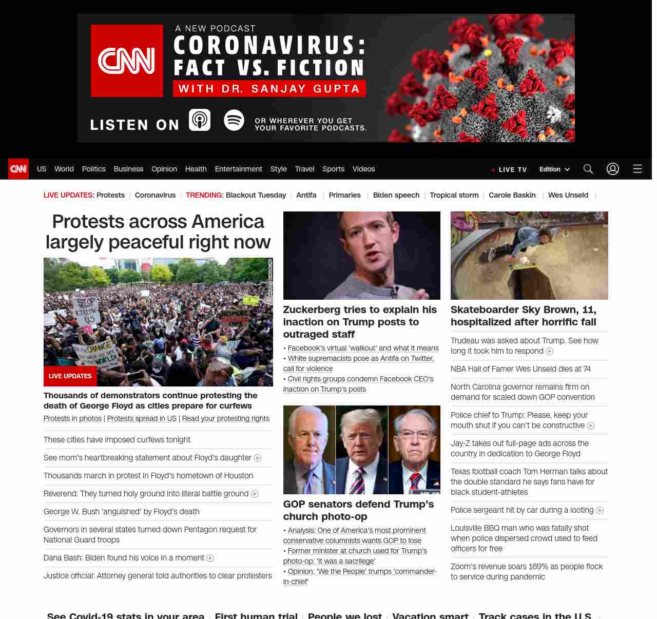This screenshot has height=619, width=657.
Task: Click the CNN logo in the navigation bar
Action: (x=18, y=169)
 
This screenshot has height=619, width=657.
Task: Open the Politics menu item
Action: (x=93, y=169)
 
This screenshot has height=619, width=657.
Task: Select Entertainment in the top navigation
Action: (x=238, y=169)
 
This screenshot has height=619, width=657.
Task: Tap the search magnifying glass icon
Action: (x=588, y=169)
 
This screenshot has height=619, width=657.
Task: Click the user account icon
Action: (x=612, y=169)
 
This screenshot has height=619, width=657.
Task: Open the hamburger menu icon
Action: (x=637, y=169)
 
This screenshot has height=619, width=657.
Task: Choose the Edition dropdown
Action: (x=554, y=169)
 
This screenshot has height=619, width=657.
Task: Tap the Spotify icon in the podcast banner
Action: (x=234, y=120)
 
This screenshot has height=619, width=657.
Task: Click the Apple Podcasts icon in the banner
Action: (x=200, y=120)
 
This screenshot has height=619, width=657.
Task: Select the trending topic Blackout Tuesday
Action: (x=256, y=195)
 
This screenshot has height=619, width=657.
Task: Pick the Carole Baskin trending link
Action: (x=512, y=195)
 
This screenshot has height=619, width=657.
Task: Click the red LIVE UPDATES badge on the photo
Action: (x=70, y=376)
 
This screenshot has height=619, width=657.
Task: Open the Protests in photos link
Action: (x=72, y=418)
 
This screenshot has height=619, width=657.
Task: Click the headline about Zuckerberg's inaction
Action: (x=360, y=322)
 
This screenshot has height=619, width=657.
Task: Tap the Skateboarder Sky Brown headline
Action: (x=524, y=316)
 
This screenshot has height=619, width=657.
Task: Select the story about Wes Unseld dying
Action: (x=520, y=369)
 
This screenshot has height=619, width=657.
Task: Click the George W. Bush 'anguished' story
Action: (x=121, y=512)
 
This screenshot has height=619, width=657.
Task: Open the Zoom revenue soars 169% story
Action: (x=527, y=572)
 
